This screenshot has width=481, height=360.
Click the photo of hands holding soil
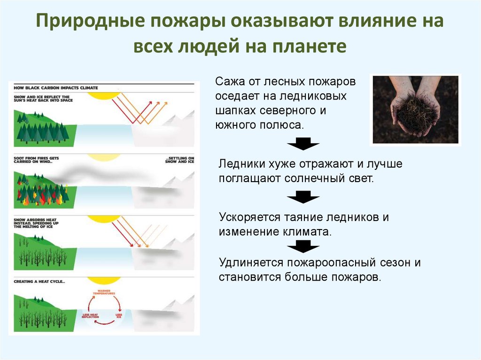click(x=415, y=109)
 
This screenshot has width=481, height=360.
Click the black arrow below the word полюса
click(x=303, y=144)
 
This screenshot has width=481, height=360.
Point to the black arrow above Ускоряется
click(x=303, y=197)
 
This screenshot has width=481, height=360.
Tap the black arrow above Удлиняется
click(x=303, y=245)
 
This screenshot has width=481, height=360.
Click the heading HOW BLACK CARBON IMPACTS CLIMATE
click(x=56, y=88)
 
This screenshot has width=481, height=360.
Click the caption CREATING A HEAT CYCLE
click(x=39, y=282)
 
